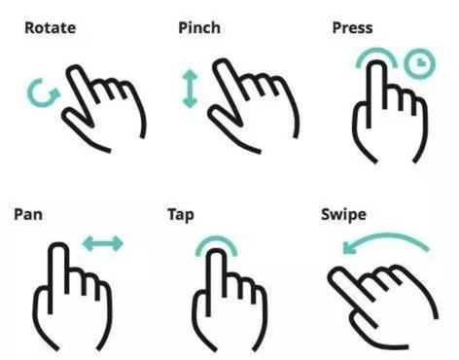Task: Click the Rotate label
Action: [x=51, y=28]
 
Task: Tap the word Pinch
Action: [x=199, y=27]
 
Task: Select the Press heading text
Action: [x=352, y=28]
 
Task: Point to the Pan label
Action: [x=28, y=215]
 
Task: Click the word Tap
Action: [x=181, y=215]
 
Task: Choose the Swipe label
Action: [x=343, y=215]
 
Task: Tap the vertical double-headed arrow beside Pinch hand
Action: [x=190, y=90]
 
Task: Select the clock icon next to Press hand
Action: [x=419, y=63]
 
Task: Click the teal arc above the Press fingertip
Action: [x=376, y=50]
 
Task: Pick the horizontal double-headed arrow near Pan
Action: [x=103, y=244]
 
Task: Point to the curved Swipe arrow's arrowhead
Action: [x=348, y=248]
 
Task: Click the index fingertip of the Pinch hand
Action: [x=222, y=61]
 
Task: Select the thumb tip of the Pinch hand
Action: [x=213, y=114]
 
